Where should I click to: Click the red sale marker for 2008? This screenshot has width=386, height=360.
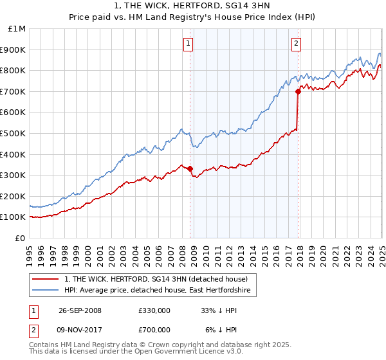coord(190,169)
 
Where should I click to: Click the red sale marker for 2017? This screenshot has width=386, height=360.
coord(298,92)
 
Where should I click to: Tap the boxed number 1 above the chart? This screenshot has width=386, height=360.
coord(188,44)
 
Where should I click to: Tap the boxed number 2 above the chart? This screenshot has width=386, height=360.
coord(296,44)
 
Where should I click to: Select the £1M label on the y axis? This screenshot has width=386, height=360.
coord(17,29)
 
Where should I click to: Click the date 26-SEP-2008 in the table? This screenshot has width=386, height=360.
coord(80,310)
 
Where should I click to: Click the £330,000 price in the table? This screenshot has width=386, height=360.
coord(154,310)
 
